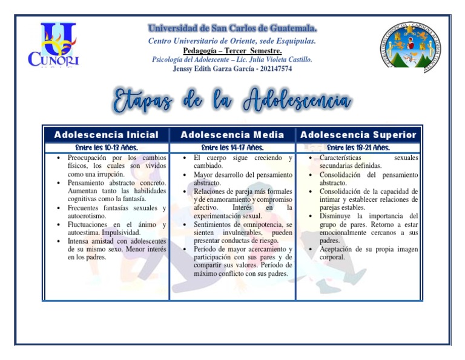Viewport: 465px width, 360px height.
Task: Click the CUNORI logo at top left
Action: coord(53,45)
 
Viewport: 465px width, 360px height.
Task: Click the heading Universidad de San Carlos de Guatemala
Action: coord(232,28)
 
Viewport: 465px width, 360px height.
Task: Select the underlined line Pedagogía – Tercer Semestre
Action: coord(232,51)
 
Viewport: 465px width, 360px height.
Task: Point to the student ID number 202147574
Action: coord(275,69)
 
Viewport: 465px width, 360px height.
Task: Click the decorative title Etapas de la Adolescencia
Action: coord(232,101)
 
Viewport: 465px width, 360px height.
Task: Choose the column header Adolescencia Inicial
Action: coord(106,135)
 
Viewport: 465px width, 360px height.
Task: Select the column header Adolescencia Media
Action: coord(232,135)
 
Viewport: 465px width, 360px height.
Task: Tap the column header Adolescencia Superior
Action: coord(358,135)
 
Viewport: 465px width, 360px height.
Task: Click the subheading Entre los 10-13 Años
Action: coord(106,147)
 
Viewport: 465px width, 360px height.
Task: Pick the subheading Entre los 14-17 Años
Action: coord(232,147)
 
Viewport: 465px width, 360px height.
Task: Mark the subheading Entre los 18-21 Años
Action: coord(358,147)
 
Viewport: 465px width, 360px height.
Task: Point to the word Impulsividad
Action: coord(119,232)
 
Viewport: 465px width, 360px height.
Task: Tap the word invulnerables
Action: coord(246,232)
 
